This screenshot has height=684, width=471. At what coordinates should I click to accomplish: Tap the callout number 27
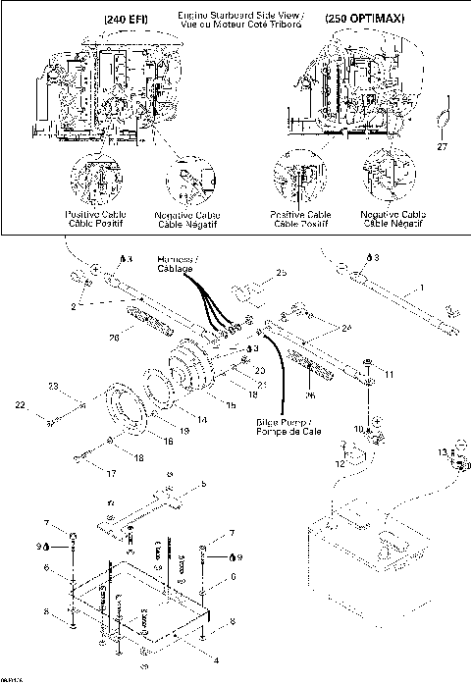442,147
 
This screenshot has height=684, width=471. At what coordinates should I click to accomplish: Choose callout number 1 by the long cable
421,288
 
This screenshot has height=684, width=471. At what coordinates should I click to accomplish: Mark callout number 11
389,374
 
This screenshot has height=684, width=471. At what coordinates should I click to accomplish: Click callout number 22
46,405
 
